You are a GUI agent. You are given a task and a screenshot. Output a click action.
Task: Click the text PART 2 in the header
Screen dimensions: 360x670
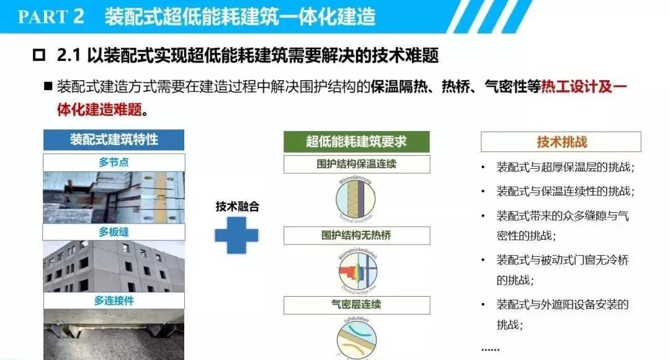tap(50, 16)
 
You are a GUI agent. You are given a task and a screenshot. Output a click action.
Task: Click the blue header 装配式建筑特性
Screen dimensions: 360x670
tap(114, 140)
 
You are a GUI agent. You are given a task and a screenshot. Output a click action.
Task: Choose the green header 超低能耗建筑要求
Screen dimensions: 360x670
tap(356, 141)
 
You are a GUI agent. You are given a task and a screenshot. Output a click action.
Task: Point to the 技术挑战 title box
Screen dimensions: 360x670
tap(561, 142)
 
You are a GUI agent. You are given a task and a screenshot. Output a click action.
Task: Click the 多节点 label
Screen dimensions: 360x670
tap(114, 162)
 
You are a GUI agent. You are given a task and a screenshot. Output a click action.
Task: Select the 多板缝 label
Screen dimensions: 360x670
tap(114, 232)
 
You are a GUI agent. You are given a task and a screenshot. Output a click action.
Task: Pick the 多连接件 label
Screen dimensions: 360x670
tap(114, 300)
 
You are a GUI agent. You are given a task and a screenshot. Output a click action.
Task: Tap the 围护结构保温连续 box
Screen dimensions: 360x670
tap(356, 164)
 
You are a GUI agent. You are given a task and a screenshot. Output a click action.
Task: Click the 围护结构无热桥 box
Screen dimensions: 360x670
tap(356, 235)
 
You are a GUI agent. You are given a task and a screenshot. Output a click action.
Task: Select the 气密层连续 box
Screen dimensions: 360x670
tap(356, 305)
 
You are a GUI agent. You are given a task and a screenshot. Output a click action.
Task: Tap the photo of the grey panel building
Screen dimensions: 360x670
tap(114, 267)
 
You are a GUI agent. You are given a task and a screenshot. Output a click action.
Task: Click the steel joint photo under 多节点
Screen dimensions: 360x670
tap(114, 197)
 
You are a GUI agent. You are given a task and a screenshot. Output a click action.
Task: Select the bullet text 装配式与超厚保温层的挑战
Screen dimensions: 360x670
tap(565, 168)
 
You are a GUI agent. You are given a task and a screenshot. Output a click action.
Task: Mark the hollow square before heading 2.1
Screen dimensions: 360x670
tap(38, 56)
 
